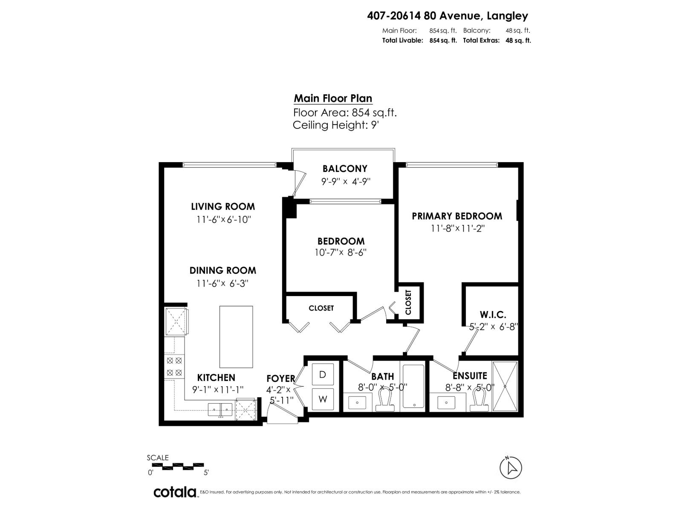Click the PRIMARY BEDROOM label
[x=457, y=216]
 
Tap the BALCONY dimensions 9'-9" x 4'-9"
[x=346, y=181]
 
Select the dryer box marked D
[x=323, y=375]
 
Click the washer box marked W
[x=323, y=399]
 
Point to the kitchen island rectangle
[x=236, y=337]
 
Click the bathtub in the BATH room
[x=413, y=387]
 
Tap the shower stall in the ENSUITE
[x=505, y=386]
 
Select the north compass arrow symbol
[x=510, y=468]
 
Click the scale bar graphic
[x=176, y=465]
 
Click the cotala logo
[x=175, y=492]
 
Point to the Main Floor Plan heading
[x=333, y=99]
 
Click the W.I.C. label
[x=493, y=315]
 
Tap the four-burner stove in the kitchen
[x=174, y=366]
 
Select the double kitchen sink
[x=220, y=409]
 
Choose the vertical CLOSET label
[x=408, y=303]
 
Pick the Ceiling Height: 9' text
[x=335, y=125]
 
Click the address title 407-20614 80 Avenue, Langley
[x=448, y=16]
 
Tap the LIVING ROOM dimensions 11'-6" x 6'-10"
[x=223, y=220]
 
